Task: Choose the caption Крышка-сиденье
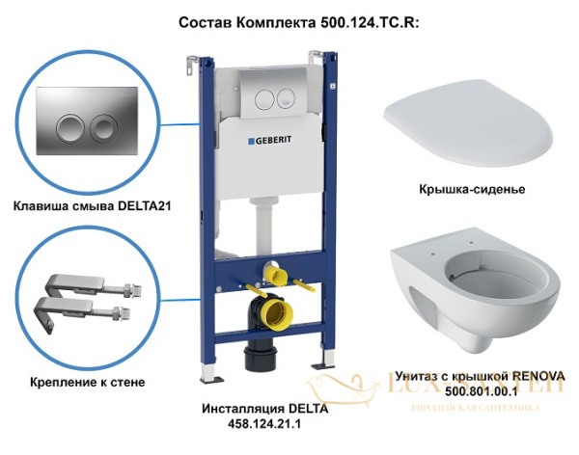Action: tap(467, 189)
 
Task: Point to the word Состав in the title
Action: tap(208, 20)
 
